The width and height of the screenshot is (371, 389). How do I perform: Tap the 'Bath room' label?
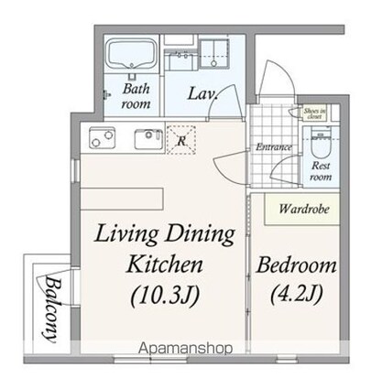point(136,96)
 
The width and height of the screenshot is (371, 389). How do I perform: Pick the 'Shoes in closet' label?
point(315,113)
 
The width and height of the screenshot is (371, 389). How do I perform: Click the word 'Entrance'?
point(274,146)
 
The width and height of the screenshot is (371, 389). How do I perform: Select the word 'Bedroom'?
point(296,267)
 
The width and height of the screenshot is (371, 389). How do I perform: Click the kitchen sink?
point(147,138)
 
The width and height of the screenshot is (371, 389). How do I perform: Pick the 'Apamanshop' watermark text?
point(184,349)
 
